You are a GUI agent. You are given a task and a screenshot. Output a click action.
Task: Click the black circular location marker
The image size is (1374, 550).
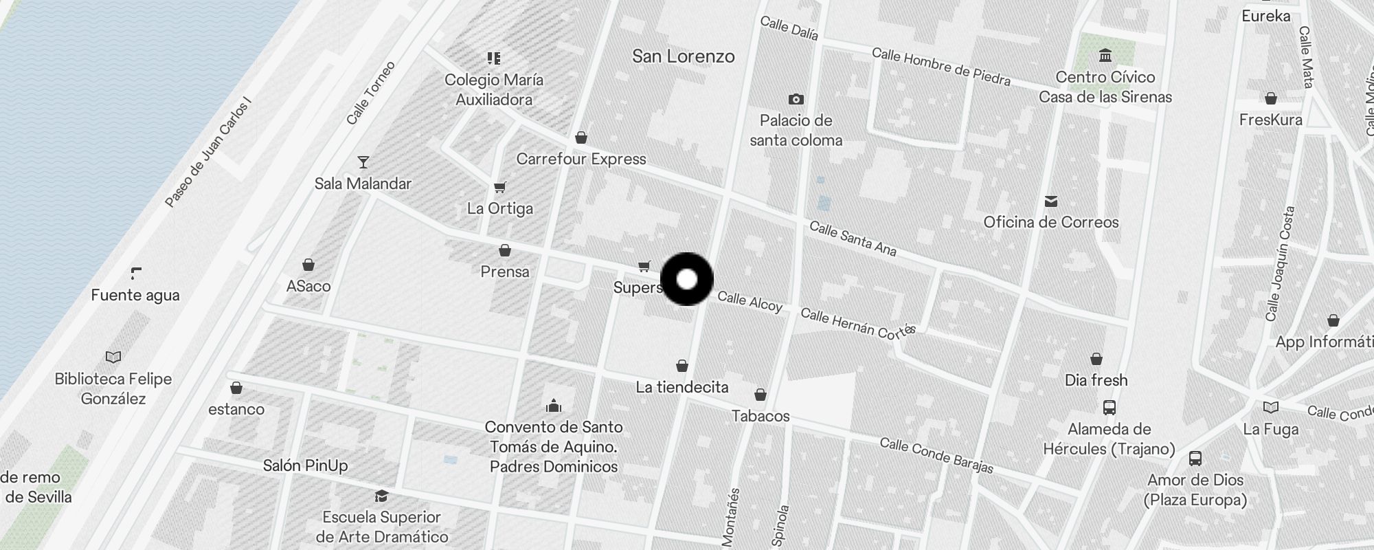click(x=686, y=279)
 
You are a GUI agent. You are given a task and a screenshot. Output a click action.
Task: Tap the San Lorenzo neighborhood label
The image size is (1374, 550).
click(x=683, y=56)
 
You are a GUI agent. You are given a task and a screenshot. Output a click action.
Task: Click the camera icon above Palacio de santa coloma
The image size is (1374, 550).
click(x=796, y=99)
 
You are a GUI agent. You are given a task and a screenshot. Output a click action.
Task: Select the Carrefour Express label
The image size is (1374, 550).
click(x=581, y=159)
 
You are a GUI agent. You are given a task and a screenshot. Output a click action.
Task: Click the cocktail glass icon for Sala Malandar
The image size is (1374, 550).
click(x=363, y=162)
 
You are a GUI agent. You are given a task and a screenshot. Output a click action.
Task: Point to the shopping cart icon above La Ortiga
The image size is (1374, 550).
click(x=500, y=187)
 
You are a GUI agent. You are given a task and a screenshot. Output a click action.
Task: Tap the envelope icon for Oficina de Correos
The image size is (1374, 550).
click(x=1050, y=201)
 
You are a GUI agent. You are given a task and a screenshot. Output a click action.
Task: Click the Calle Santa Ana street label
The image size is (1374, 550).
click(x=853, y=238)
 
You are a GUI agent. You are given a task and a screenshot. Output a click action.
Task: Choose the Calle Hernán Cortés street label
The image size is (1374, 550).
click(x=858, y=324)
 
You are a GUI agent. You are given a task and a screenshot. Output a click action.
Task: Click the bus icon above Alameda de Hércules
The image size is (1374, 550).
click(x=1109, y=408)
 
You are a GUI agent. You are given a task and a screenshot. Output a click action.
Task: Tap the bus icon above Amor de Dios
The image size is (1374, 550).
click(x=1195, y=459)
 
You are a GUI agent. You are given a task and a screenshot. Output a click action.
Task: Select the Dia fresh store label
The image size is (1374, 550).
click(x=1096, y=380)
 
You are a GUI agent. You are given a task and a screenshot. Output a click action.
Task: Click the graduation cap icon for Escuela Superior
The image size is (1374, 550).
click(x=381, y=496)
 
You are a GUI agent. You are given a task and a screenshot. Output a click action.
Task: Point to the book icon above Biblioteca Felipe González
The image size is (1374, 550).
click(x=113, y=357)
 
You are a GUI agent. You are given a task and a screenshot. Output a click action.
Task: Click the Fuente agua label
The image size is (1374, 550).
click(x=135, y=295)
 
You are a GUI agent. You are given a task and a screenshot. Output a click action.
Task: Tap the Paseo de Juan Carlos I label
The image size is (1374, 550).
click(x=208, y=153)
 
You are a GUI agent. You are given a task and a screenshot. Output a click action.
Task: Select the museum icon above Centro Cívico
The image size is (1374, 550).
click(x=1105, y=55)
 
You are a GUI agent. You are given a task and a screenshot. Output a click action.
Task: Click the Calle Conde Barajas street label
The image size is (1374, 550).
click(x=936, y=456)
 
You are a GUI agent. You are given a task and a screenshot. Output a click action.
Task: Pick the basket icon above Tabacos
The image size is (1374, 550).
click(x=760, y=395)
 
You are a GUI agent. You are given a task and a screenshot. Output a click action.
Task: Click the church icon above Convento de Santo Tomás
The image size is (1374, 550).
click(x=554, y=406)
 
